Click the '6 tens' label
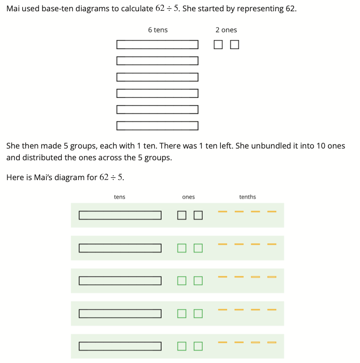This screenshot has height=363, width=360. click(x=158, y=30)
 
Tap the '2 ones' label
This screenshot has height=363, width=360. click(x=226, y=30)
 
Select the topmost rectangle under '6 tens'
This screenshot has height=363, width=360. click(x=157, y=44)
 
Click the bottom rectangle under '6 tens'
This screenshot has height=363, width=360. click(x=157, y=126)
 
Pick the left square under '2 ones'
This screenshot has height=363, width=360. click(x=218, y=44)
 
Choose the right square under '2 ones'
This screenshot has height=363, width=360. click(x=234, y=44)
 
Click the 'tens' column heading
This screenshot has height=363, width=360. click(x=120, y=197)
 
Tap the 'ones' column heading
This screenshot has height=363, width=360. click(x=188, y=197)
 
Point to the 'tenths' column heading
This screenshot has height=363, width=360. click(x=248, y=197)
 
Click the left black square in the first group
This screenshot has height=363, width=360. click(x=182, y=215)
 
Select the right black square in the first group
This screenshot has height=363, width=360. click(x=198, y=215)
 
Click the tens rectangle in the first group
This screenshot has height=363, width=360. click(x=120, y=215)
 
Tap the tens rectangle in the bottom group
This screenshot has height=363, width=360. click(x=120, y=346)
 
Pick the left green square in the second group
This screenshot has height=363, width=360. click(x=182, y=248)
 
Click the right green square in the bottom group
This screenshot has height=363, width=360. click(x=198, y=346)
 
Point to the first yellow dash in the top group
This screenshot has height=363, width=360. click(x=222, y=211)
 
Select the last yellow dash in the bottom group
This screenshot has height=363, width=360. click(x=271, y=342)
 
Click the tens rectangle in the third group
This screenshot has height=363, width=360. click(x=120, y=281)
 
